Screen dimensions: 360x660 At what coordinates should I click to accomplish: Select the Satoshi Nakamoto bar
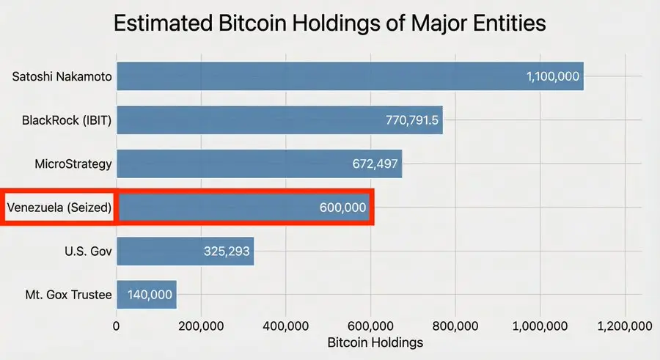pyautogui.click(x=315, y=76)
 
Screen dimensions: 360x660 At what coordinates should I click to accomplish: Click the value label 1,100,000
pyautogui.click(x=553, y=76)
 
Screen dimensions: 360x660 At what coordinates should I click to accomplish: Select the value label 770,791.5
pyautogui.click(x=411, y=120)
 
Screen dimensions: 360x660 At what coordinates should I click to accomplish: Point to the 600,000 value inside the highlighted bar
pyautogui.click(x=342, y=207)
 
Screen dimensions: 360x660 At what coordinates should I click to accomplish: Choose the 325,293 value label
pyautogui.click(x=227, y=251)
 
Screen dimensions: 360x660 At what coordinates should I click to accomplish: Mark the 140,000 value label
pyautogui.click(x=150, y=295)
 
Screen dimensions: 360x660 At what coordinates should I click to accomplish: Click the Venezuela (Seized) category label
pyautogui.click(x=59, y=207)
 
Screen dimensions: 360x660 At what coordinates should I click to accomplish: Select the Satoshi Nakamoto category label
pyautogui.click(x=62, y=76)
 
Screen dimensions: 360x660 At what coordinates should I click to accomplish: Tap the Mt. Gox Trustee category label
pyautogui.click(x=68, y=295)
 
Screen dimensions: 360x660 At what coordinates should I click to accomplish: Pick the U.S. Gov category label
pyautogui.click(x=88, y=251)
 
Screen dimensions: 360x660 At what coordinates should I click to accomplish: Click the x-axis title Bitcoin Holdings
pyautogui.click(x=375, y=342)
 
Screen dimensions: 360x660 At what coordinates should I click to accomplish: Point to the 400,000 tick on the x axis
pyautogui.click(x=286, y=326)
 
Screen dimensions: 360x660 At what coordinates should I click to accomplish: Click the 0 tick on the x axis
pyautogui.click(x=117, y=326)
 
